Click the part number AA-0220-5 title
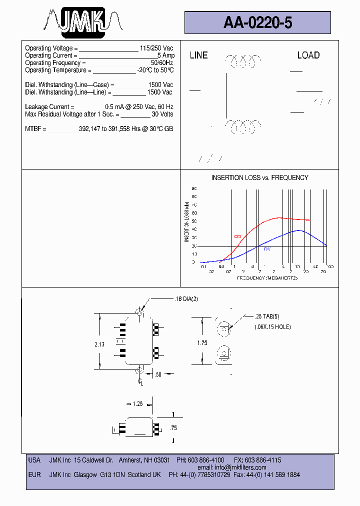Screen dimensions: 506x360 (x=257, y=22)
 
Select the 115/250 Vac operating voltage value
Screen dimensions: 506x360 (x=156, y=48)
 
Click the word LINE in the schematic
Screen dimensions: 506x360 (x=198, y=55)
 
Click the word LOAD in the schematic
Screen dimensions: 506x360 (x=308, y=55)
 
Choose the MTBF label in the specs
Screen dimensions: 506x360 (x=35, y=129)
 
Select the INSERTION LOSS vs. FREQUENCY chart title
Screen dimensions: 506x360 (x=259, y=178)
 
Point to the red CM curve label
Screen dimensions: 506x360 (x=237, y=236)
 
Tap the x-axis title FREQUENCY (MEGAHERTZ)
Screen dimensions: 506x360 (x=267, y=277)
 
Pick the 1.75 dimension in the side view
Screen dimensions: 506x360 (x=201, y=342)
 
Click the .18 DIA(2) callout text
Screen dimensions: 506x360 (x=186, y=299)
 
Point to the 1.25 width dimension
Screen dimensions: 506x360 (x=138, y=403)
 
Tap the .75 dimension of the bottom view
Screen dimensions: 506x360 (x=173, y=428)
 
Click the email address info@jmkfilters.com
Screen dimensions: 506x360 (x=240, y=467)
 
